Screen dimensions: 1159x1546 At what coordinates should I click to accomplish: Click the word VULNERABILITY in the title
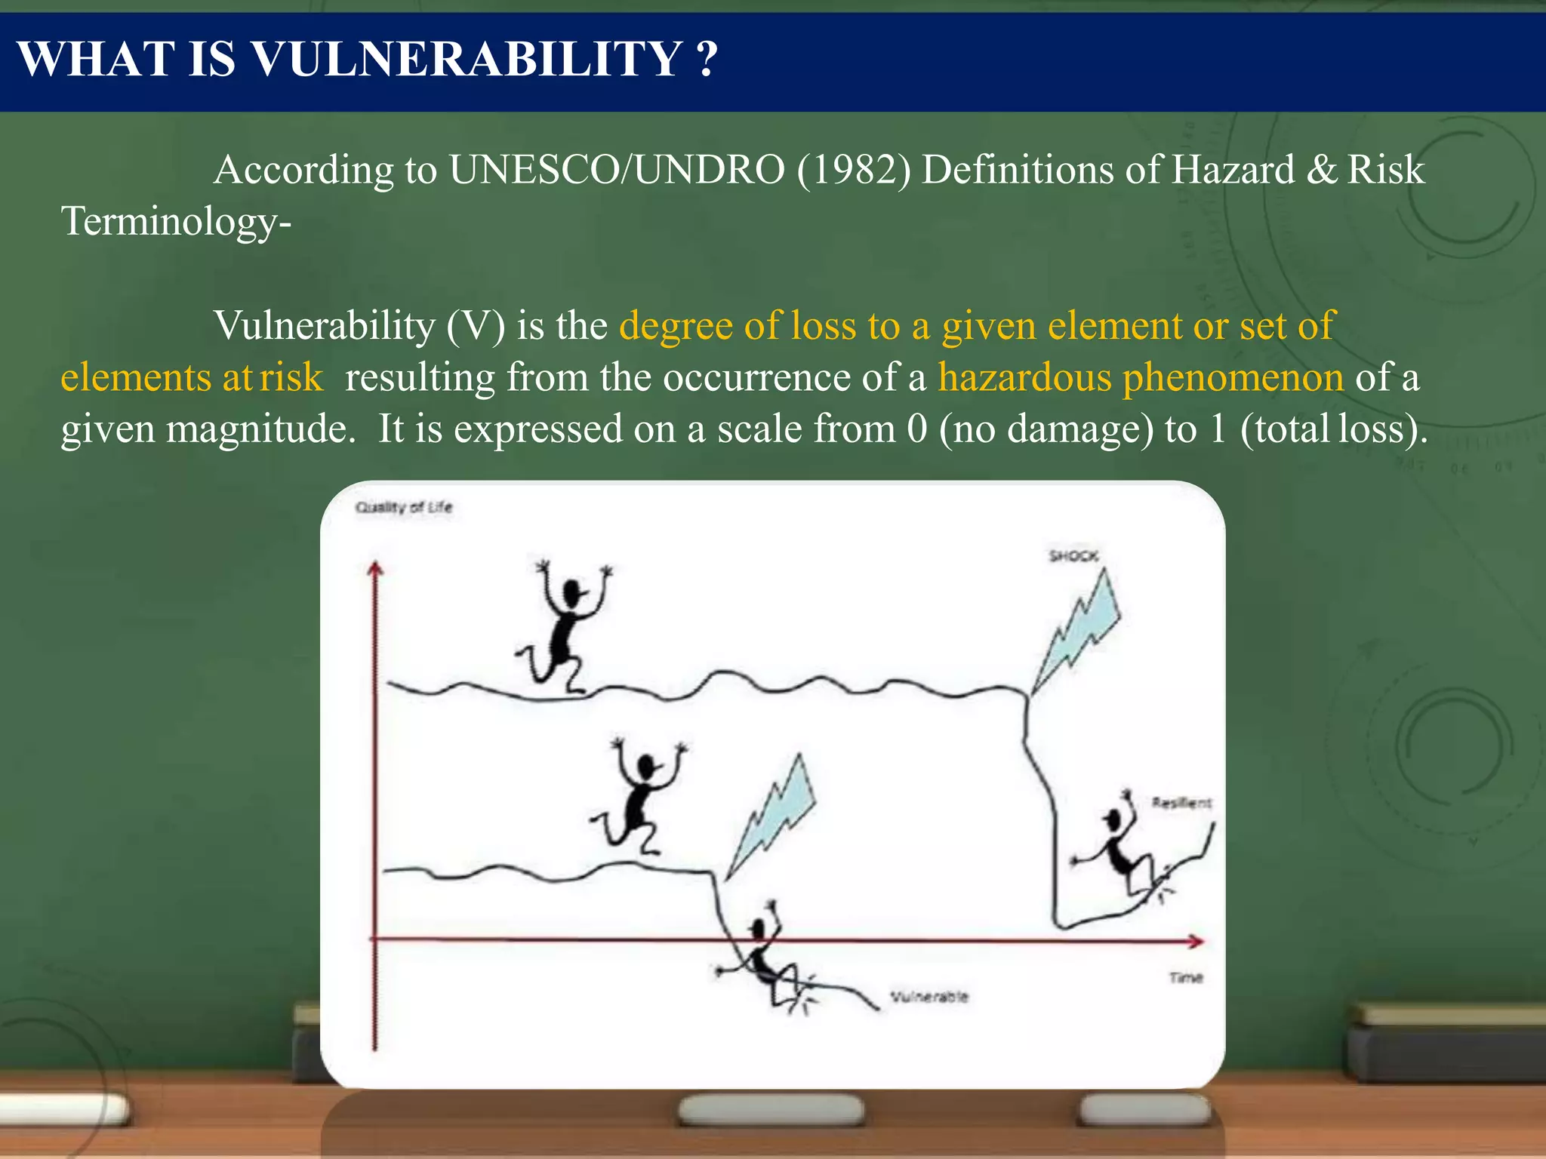[x=467, y=59]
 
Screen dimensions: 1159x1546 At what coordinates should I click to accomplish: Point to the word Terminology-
[x=176, y=222]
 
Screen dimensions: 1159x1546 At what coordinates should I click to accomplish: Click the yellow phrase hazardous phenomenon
[x=1141, y=377]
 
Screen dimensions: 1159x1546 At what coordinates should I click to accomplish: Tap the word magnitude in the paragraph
[x=260, y=429]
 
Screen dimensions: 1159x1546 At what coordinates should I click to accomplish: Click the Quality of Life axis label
[x=404, y=507]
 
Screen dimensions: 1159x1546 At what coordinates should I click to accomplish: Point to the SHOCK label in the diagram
[x=1073, y=556]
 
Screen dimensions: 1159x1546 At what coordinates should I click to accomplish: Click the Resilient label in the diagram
[x=1181, y=803]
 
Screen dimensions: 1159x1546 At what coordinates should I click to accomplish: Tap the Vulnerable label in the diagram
[x=929, y=997]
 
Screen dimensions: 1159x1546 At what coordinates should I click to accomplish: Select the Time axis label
[x=1185, y=978]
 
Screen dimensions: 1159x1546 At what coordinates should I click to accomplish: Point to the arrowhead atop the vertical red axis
[x=375, y=569]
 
